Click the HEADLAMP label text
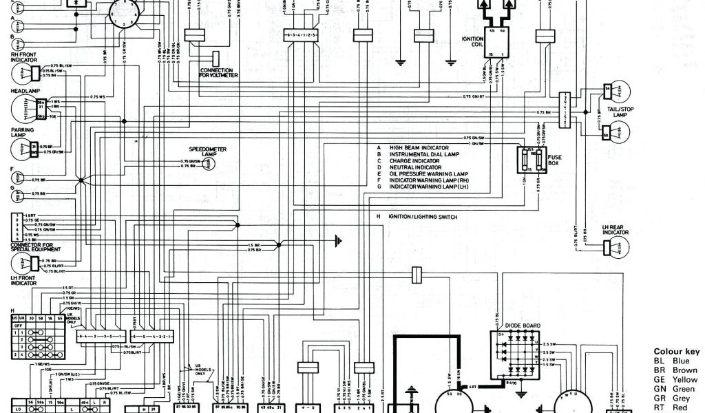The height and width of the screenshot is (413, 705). tap(23, 91)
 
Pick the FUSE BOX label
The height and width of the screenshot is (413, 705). tap(554, 160)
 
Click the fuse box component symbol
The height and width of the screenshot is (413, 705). tap(531, 161)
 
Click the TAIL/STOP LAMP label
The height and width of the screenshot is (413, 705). tap(621, 112)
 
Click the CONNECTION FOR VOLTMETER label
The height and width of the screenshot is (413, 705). tap(219, 72)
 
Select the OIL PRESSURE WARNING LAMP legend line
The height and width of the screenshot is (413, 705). tap(428, 173)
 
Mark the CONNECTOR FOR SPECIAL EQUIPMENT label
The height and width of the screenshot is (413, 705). tap(35, 247)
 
